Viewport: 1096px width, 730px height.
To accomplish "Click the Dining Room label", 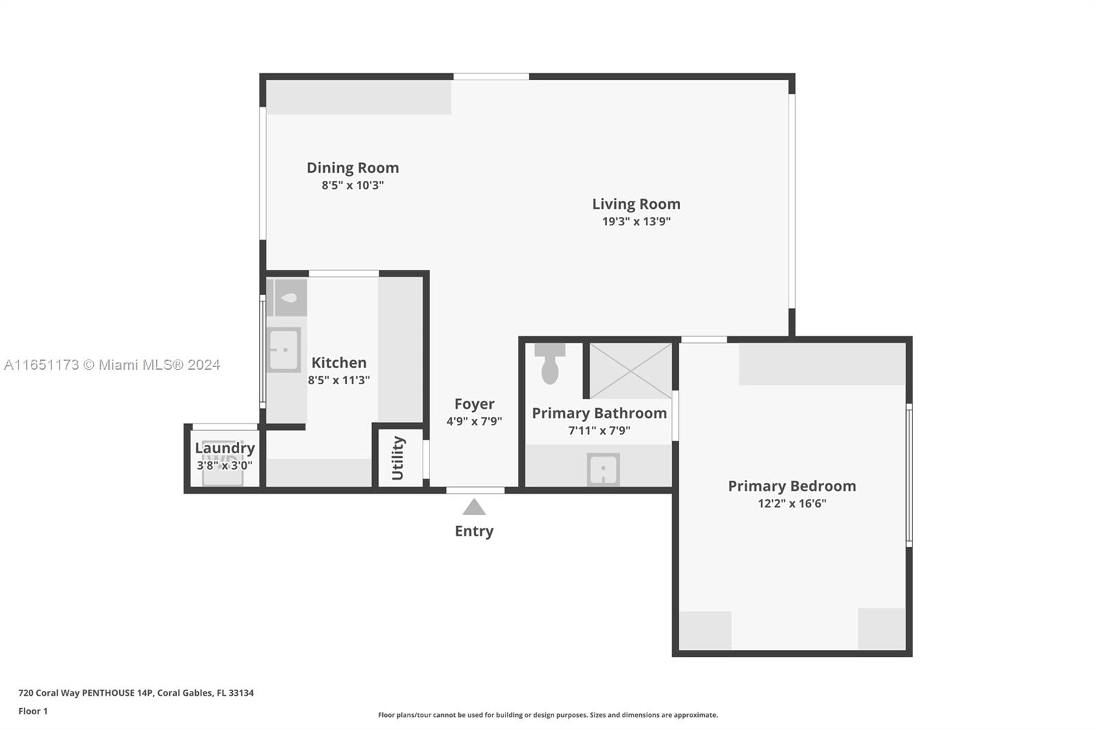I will (x=353, y=168).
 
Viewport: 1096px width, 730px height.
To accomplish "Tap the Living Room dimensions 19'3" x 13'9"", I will (x=636, y=221).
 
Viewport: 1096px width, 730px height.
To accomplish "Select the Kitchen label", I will (x=339, y=363).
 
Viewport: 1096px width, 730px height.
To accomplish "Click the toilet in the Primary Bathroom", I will (x=550, y=366).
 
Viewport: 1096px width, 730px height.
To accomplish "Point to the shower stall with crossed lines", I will (x=630, y=370).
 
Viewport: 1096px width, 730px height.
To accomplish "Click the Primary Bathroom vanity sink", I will (x=603, y=470).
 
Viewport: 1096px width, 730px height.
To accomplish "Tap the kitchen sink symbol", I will (x=284, y=350).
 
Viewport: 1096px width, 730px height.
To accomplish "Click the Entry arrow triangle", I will (x=474, y=507).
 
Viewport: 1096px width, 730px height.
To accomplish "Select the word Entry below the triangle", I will (x=474, y=531).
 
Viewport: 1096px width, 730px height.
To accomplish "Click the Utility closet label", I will (x=398, y=458).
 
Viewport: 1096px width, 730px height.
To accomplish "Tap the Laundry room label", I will (x=225, y=448).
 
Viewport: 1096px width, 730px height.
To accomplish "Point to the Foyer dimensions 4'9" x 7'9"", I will (x=474, y=421).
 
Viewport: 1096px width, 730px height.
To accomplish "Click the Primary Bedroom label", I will (x=792, y=486).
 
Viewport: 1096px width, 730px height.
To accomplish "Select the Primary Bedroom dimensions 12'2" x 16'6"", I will (x=792, y=503).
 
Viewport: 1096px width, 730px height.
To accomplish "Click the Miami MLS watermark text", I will (x=112, y=365).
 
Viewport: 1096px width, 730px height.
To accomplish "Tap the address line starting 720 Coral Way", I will (x=136, y=692).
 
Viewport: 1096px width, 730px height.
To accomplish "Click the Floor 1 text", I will (x=33, y=711).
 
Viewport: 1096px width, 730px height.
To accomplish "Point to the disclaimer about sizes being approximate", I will (x=548, y=715).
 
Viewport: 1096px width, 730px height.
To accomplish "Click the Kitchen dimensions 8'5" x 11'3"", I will (x=339, y=380).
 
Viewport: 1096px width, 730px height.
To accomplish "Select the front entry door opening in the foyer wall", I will (x=475, y=490).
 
